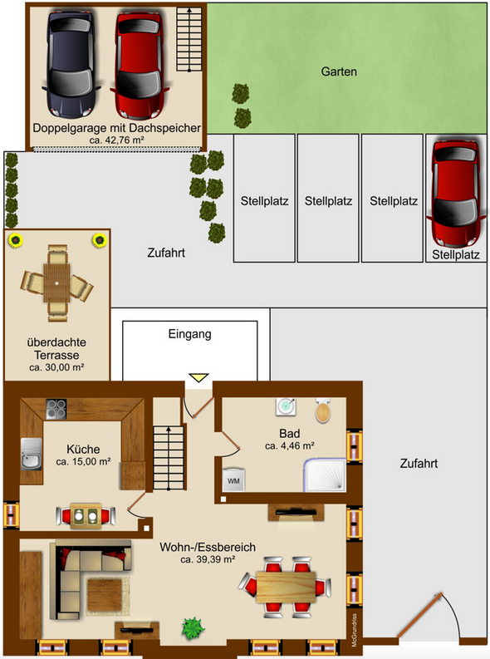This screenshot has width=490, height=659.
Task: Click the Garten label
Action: pos(339,72)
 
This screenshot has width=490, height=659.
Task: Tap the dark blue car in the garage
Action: pos(73,65)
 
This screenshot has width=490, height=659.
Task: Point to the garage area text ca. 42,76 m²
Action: pos(116,141)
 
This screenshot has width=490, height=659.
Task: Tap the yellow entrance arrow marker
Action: pos(198,379)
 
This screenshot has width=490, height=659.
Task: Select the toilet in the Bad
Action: pos(323,411)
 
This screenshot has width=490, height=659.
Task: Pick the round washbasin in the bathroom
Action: pos(287,406)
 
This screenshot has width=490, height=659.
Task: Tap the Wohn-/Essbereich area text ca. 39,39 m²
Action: pos(208,559)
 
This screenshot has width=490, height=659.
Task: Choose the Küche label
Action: pos(83,449)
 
